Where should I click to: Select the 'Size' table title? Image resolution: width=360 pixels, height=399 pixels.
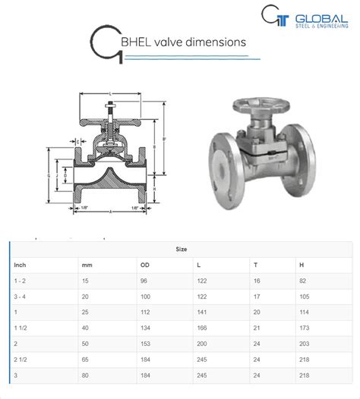181,248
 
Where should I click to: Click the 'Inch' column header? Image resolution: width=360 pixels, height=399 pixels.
21,265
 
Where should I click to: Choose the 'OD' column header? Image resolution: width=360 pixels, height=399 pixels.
144,265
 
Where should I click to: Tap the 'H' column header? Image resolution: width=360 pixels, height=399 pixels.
302,265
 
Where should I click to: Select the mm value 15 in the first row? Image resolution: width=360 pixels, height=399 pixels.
86,281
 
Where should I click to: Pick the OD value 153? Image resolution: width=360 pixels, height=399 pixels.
146,344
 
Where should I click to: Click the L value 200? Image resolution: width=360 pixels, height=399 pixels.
201,344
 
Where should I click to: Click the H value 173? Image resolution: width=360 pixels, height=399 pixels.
305,328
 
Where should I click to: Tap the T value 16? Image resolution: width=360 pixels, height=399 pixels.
257,281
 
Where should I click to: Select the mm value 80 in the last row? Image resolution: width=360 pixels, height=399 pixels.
86,375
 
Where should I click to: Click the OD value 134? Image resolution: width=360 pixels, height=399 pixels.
146,328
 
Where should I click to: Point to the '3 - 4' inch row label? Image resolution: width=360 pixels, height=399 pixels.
21,297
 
